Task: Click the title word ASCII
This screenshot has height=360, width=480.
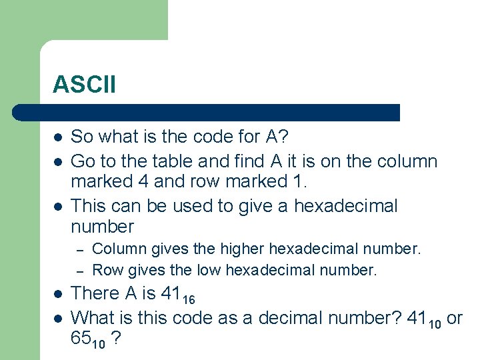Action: (x=84, y=85)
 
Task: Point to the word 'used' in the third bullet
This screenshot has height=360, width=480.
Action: (x=193, y=205)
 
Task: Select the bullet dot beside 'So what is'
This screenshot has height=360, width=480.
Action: (x=58, y=137)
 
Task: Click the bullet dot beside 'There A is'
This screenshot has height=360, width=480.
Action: (x=58, y=294)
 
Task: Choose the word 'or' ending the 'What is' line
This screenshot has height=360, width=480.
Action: (x=455, y=318)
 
